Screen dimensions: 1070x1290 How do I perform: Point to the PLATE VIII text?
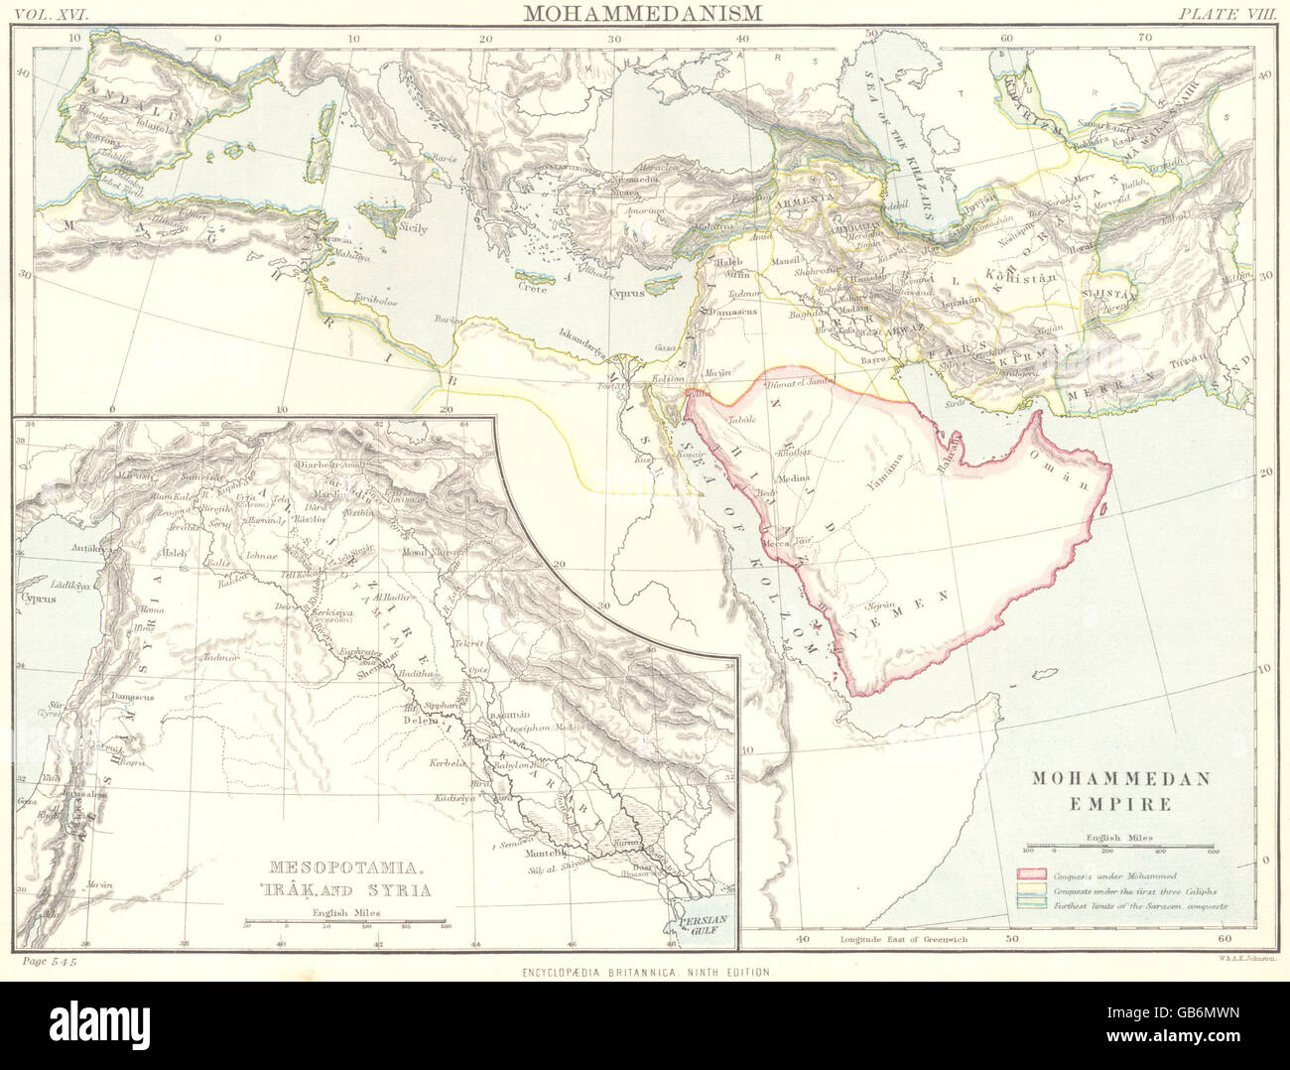tap(1225, 13)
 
